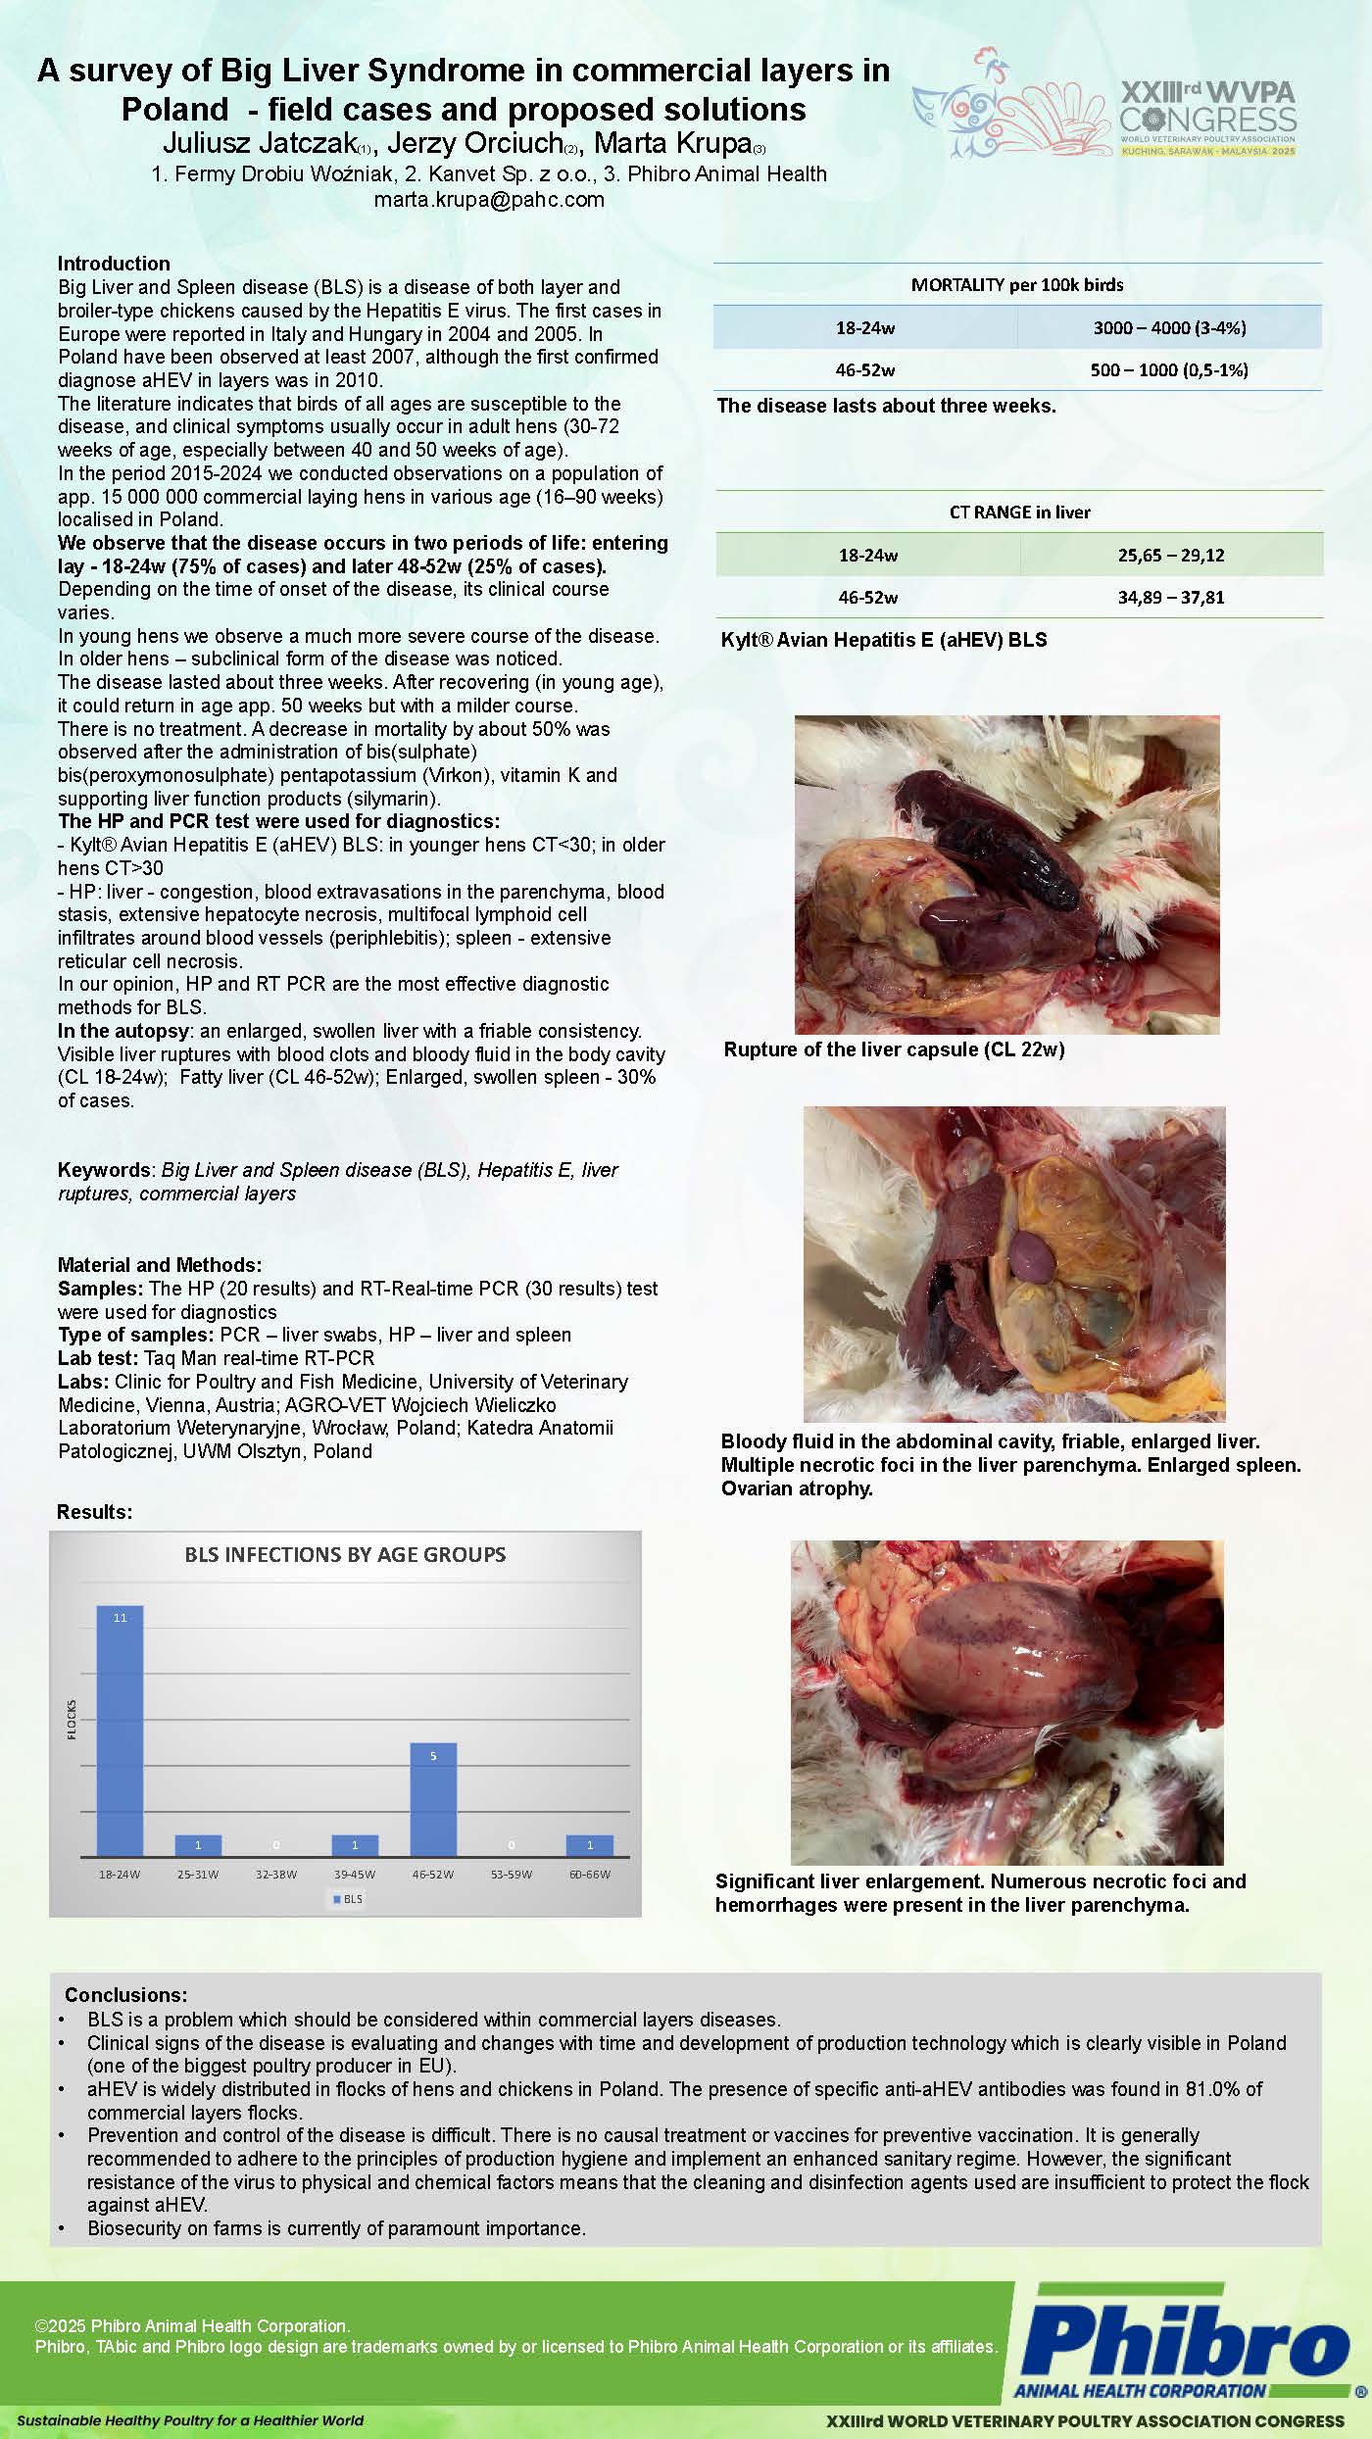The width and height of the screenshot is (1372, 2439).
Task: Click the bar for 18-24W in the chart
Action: (120, 1730)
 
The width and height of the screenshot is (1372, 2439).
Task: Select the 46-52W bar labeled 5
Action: (433, 1799)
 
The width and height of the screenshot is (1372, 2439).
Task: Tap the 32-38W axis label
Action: (276, 1875)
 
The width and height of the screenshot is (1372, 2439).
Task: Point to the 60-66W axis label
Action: (590, 1875)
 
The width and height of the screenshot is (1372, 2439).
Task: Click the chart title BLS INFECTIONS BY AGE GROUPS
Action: (345, 1555)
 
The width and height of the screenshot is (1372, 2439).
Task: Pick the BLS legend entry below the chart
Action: (348, 1899)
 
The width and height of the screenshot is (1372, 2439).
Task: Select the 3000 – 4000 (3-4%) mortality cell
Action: (1169, 328)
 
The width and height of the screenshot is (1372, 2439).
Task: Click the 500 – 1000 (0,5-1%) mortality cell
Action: (1169, 370)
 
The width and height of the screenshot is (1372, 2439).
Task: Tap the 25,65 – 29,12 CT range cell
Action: (1171, 556)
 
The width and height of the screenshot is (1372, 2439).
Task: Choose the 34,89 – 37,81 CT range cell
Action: (1171, 598)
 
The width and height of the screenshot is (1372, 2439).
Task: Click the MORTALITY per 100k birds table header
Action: (1017, 285)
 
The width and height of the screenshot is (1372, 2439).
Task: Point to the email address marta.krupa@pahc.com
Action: (489, 200)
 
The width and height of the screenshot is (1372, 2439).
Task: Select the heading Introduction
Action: (114, 264)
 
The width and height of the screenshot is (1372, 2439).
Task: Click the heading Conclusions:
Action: (125, 1996)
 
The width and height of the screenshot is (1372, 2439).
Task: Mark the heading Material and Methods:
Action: (160, 1265)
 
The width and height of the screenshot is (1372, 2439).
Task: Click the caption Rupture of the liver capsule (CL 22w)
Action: (894, 1050)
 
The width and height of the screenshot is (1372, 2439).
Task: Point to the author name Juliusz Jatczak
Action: (260, 144)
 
